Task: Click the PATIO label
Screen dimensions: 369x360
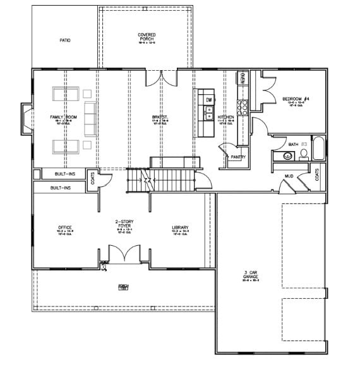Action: tap(65, 40)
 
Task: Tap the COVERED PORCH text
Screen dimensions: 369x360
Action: tap(147, 37)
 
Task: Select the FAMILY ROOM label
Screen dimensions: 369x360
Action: tap(63, 118)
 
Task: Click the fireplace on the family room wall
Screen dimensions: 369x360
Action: tap(26, 119)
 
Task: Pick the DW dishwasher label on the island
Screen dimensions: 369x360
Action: tap(208, 100)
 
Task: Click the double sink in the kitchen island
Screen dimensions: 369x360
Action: tap(208, 113)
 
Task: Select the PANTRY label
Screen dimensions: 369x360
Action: tap(238, 157)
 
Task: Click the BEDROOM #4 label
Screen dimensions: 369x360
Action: tap(296, 99)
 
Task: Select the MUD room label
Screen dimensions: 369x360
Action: tap(289, 176)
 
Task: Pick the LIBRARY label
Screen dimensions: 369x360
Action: tap(180, 227)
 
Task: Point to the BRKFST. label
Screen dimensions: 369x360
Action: tap(159, 118)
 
